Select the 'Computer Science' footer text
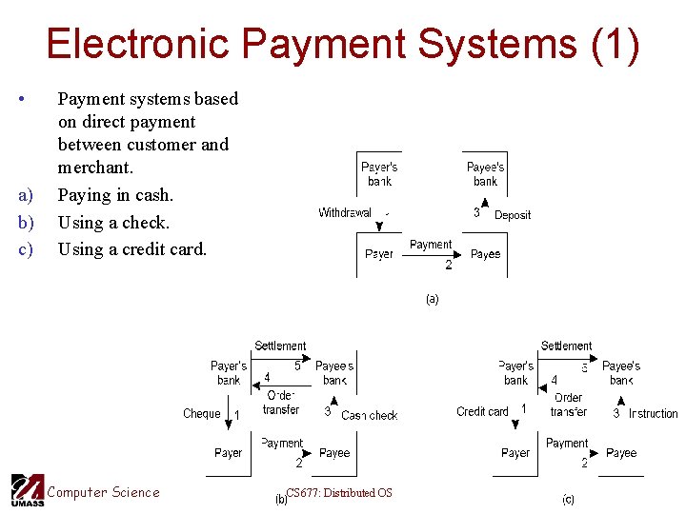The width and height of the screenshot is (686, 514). pos(104,492)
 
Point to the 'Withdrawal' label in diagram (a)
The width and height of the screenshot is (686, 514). pos(345,213)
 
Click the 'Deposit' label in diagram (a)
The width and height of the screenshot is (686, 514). pos(513,215)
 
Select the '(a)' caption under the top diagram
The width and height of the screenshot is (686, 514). pos(432,299)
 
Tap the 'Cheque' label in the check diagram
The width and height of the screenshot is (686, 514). pos(202,414)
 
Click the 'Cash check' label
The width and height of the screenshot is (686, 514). pos(369,415)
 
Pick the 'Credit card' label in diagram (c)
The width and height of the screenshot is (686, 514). pos(483,412)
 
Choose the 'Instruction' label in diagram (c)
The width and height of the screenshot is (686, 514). pos(653,413)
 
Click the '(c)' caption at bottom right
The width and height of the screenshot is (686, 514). pos(568,500)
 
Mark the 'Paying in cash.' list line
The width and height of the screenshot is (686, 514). pos(115,195)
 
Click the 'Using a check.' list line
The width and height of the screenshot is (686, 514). pos(113,223)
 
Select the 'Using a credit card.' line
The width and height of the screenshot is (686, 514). pos(131,249)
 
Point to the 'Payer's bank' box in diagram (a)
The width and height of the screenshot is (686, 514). pos(379,174)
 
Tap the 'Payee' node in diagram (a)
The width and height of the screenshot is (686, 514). pos(486,254)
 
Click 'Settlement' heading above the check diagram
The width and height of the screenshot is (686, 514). pos(280,346)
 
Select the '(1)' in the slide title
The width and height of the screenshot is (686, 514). pos(615,45)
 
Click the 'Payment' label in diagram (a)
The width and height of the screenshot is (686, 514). pos(431,245)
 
